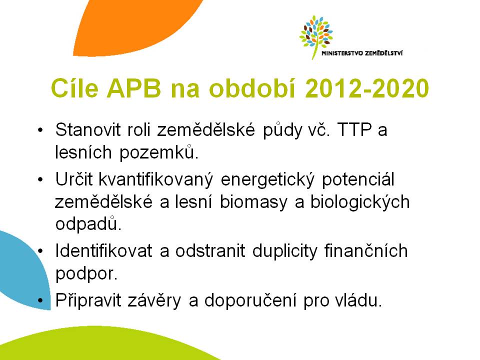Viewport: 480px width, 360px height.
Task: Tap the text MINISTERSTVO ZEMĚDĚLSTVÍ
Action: click(362, 53)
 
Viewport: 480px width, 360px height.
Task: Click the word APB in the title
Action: click(134, 88)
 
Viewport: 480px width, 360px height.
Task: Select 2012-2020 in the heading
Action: click(366, 88)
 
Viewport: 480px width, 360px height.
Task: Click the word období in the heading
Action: click(252, 88)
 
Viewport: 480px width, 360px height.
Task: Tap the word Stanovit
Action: click(88, 129)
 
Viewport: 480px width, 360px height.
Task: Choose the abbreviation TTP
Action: click(354, 129)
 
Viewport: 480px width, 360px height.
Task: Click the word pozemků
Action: click(159, 152)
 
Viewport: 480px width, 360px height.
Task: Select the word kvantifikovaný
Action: click(155, 179)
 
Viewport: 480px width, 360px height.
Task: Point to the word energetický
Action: click(267, 179)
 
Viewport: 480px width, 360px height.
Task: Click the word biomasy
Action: click(254, 202)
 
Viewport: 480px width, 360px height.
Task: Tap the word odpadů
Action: click(88, 224)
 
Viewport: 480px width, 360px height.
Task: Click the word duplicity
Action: click(284, 251)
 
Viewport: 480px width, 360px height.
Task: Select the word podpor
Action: click(86, 273)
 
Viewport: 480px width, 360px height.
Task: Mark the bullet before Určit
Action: click(40, 179)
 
